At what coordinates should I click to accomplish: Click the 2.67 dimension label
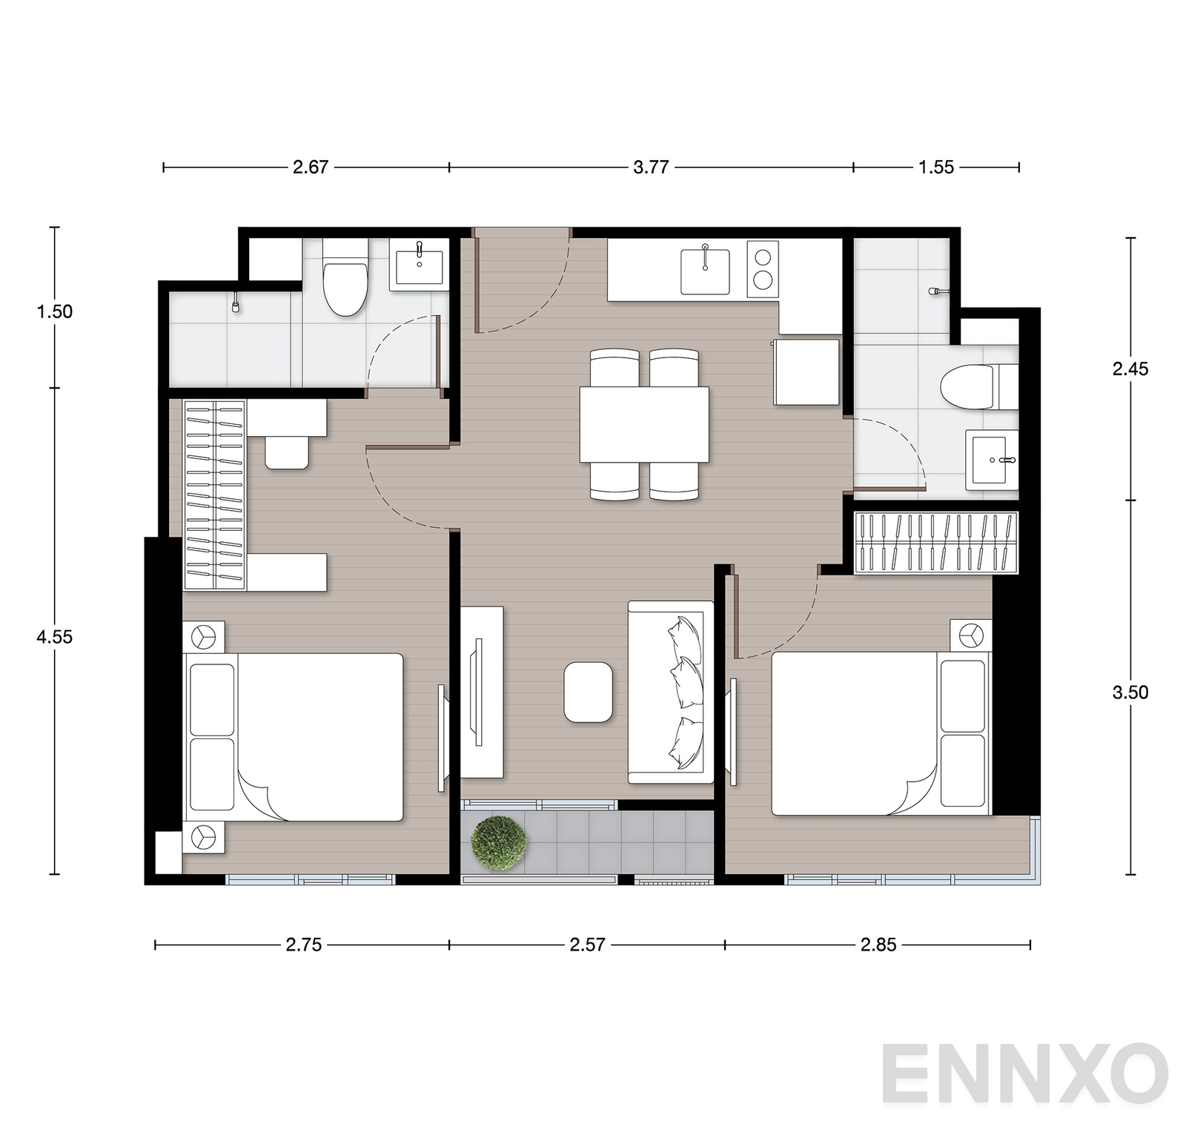point(310,167)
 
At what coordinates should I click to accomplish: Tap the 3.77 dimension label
point(651,167)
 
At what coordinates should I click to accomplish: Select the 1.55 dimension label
point(936,167)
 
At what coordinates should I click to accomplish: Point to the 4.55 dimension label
point(55,636)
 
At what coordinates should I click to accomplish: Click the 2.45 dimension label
point(1130,368)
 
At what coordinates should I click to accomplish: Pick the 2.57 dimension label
point(587,945)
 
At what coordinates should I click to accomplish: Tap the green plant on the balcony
point(498,842)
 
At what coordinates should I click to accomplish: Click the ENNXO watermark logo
point(1025,1072)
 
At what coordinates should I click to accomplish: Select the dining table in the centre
point(644,425)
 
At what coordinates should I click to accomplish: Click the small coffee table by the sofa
point(589,693)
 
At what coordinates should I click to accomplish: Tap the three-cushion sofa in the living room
point(670,692)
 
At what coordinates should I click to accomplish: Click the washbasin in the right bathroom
point(992,460)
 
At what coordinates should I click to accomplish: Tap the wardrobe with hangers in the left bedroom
point(215,495)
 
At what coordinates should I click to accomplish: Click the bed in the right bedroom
point(881,733)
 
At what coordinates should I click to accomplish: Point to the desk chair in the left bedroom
point(287,452)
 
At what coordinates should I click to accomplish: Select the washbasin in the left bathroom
point(420,265)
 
